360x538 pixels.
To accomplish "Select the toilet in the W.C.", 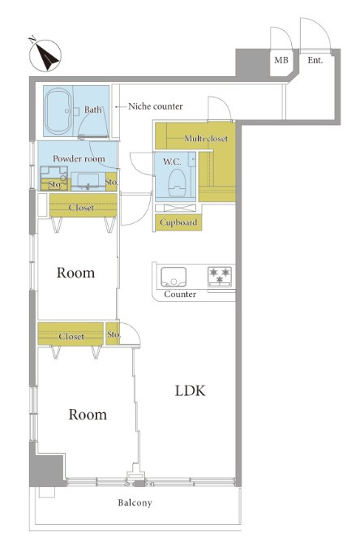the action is [178, 183].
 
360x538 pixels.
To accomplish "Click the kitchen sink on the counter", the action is [174, 277].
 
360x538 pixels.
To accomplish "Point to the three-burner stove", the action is [220, 277].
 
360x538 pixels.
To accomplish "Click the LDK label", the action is [190, 391].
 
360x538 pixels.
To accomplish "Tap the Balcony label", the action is [135, 503].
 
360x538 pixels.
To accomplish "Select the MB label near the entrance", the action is [281, 60].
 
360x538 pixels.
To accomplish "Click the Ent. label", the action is [315, 60].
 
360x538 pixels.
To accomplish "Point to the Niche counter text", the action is [156, 106].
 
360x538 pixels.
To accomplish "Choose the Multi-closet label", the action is [206, 139].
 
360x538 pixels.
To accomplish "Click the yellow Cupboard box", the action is [178, 222].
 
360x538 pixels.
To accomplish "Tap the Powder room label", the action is [79, 158].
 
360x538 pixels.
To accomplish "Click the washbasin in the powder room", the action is [88, 181].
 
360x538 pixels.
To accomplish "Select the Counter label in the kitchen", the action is [180, 294].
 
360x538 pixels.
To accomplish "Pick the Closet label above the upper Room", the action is [81, 208].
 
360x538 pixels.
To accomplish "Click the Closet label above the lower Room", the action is [71, 337].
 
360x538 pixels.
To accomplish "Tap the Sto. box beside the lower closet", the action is [113, 334].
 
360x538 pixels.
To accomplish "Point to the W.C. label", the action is [172, 161].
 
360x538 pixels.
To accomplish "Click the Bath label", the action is [93, 110].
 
